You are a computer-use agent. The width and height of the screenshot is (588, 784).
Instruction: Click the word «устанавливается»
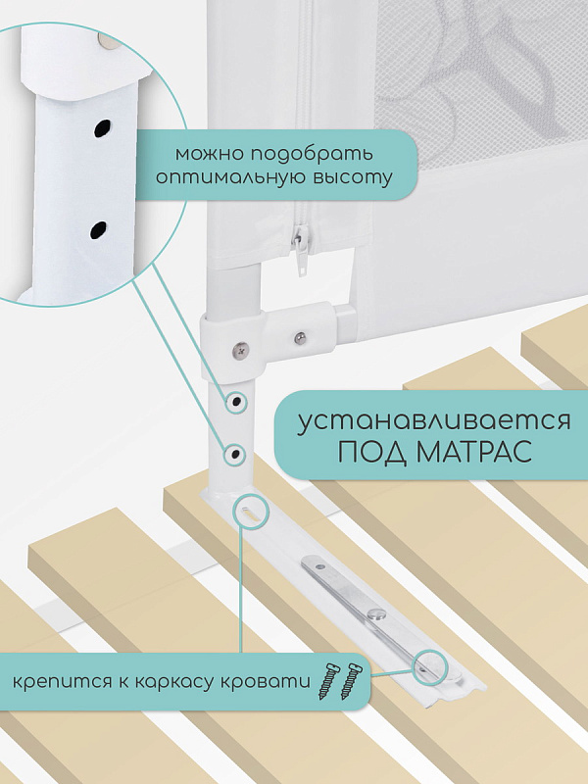(434, 421)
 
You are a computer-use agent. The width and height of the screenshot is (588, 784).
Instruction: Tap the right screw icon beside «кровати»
(353, 680)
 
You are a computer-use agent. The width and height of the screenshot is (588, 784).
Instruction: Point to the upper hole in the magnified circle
(102, 129)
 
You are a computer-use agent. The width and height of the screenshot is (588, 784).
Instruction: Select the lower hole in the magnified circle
(99, 230)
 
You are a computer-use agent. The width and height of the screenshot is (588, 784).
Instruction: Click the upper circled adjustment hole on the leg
(235, 401)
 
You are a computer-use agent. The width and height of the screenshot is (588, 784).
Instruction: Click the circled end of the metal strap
(428, 667)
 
